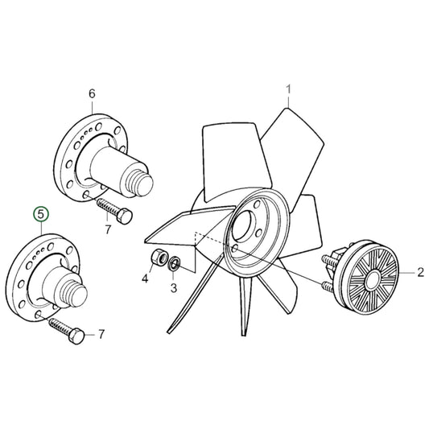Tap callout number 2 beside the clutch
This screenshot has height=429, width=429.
click(x=419, y=274)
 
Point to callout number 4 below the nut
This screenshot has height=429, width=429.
click(x=146, y=279)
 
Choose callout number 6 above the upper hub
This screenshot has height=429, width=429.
click(x=91, y=94)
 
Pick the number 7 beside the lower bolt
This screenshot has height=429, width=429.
click(x=101, y=333)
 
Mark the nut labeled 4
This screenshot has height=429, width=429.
click(x=159, y=259)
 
